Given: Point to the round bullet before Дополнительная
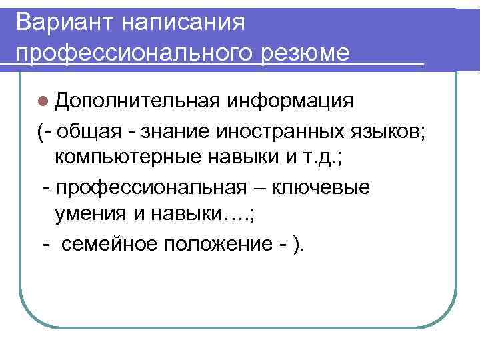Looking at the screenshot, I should click(x=43, y=101).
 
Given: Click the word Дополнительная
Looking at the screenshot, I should click(x=138, y=101).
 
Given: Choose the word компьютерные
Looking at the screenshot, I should click(x=125, y=158).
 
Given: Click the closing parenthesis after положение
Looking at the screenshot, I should click(x=297, y=245).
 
